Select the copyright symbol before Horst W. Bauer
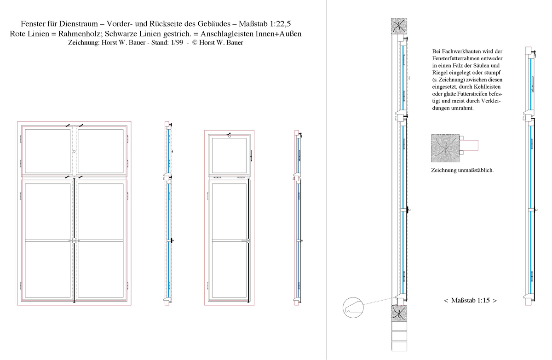coord(195,43)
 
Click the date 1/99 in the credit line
coord(177,43)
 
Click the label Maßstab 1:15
coord(470,300)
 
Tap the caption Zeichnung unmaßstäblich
coord(462,170)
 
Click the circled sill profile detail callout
coord(353,308)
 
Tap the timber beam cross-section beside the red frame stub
coord(445,148)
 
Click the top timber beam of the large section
coord(399,26)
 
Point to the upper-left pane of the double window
coord(47,151)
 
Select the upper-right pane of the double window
coord(101,151)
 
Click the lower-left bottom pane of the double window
coord(47,269)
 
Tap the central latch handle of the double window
coord(74,241)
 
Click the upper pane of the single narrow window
coord(229,155)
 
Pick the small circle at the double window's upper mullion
coord(74,151)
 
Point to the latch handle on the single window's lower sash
coord(247,240)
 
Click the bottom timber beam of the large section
coord(399,313)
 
